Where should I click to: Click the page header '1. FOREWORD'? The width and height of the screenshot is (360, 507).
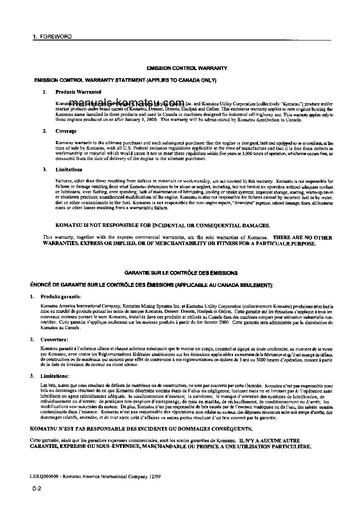pyautogui.click(x=52, y=36)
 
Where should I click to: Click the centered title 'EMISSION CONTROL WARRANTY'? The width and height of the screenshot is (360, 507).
pyautogui.click(x=187, y=68)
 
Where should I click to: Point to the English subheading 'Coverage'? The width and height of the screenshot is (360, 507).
pyautogui.click(x=66, y=131)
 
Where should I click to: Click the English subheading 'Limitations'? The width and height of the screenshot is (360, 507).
pyautogui.click(x=69, y=170)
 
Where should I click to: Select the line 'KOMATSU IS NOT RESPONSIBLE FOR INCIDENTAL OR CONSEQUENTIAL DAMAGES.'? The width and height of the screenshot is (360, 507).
pyautogui.click(x=162, y=225)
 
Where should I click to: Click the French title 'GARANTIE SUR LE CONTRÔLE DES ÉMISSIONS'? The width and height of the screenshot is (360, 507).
pyautogui.click(x=181, y=273)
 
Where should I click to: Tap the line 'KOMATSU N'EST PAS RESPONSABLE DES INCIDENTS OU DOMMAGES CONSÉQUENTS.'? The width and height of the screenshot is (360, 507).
pyautogui.click(x=142, y=428)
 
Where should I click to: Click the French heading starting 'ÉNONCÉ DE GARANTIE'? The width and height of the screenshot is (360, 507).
pyautogui.click(x=152, y=285)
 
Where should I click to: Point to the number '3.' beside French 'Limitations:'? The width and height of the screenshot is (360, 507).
pyautogui.click(x=32, y=376)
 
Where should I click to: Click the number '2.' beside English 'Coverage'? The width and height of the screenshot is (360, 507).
pyautogui.click(x=45, y=131)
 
